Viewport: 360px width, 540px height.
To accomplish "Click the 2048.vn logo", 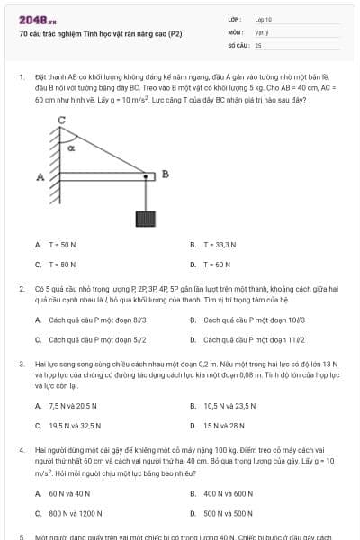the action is coord(31,19).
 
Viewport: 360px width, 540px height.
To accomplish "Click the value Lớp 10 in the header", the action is coord(263,18).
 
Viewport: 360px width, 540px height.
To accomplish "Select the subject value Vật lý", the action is coord(260,31).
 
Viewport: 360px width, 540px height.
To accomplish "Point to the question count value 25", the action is coord(258,44).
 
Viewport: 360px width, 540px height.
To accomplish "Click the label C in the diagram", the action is coord(61,120).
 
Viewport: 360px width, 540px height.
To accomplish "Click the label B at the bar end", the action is coord(165,173).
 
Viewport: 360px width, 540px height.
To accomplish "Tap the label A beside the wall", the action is coord(40,176).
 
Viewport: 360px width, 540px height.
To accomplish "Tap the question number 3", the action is coord(21,364).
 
